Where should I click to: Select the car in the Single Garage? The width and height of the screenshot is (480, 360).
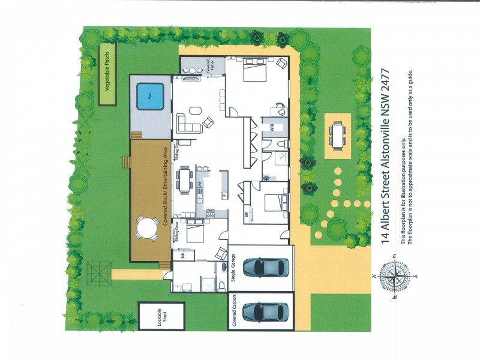tap(262, 267)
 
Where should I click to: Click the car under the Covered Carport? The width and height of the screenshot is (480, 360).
tap(262, 311)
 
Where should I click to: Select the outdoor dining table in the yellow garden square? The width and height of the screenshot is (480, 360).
tap(338, 134)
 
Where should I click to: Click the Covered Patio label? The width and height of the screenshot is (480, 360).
tap(208, 68)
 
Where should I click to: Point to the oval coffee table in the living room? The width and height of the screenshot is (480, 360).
tap(196, 110)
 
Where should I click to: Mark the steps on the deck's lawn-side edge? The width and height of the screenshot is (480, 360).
tap(125, 163)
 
